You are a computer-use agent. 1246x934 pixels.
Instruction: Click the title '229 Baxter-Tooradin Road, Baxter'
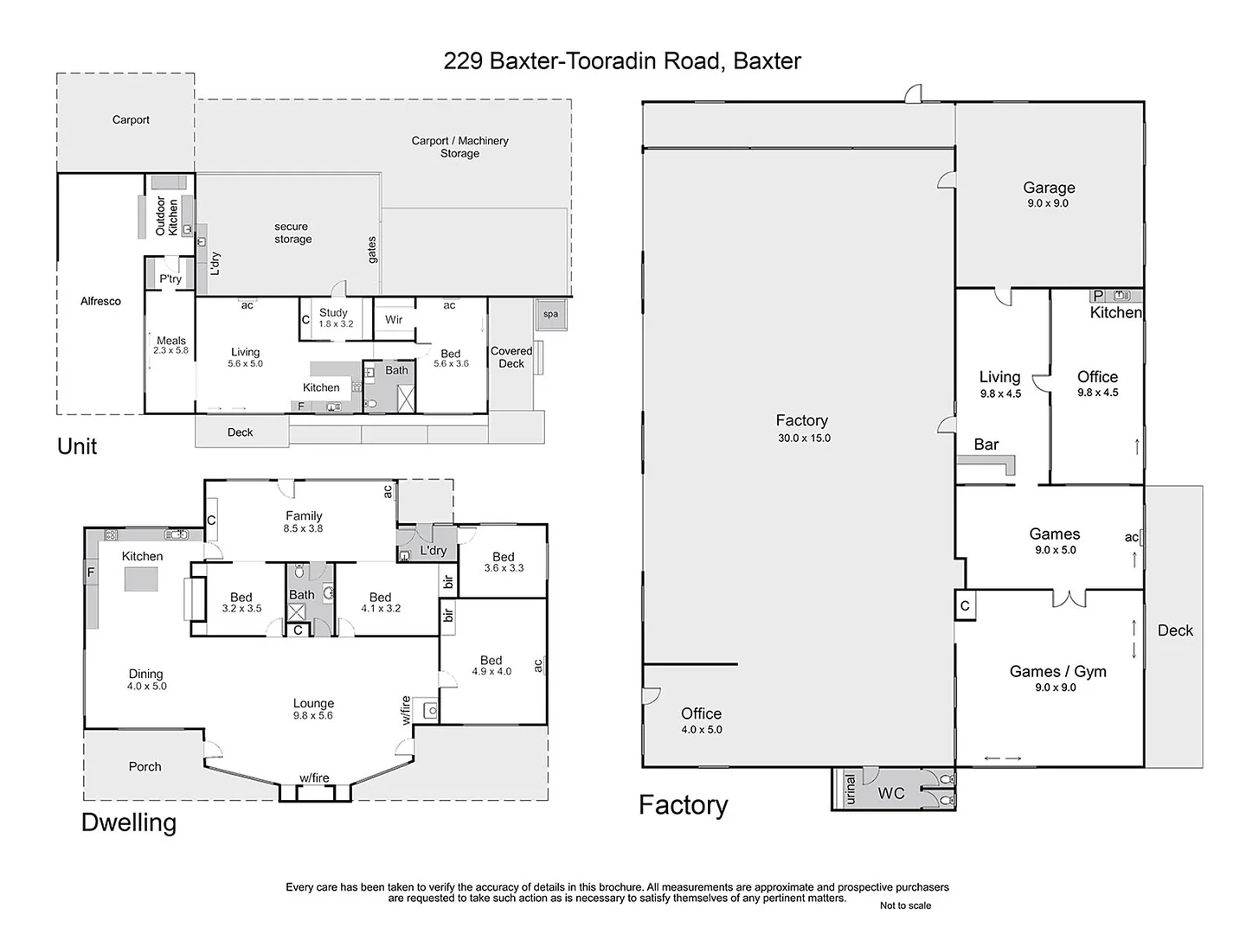tap(622, 61)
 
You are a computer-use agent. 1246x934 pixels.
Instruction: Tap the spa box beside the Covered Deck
tap(551, 314)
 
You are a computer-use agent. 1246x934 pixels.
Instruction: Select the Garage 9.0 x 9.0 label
tap(1049, 195)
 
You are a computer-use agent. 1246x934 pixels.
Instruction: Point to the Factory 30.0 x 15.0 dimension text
tap(803, 438)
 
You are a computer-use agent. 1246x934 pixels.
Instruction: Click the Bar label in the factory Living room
tap(986, 445)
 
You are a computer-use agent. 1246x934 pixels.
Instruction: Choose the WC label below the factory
tap(891, 793)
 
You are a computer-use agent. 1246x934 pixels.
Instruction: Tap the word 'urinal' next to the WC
tap(850, 790)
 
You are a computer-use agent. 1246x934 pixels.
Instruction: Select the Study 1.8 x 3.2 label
tap(333, 317)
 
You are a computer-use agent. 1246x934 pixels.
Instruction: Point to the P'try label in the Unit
tap(170, 278)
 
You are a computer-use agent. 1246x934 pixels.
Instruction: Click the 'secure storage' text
tap(292, 233)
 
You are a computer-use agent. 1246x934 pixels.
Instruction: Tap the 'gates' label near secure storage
tap(372, 250)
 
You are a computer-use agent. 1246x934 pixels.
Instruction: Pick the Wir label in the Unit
tap(394, 320)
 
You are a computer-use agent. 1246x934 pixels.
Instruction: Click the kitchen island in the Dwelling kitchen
tap(141, 579)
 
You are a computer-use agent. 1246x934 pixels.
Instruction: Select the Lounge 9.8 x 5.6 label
tap(313, 709)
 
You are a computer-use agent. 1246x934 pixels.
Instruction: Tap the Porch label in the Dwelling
tap(145, 766)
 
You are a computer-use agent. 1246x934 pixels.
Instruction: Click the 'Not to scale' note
tap(905, 905)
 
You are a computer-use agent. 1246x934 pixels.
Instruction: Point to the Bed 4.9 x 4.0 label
tap(491, 665)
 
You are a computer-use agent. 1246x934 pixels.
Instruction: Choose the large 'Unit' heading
tap(77, 446)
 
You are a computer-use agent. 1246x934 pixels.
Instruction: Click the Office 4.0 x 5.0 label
tap(701, 720)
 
